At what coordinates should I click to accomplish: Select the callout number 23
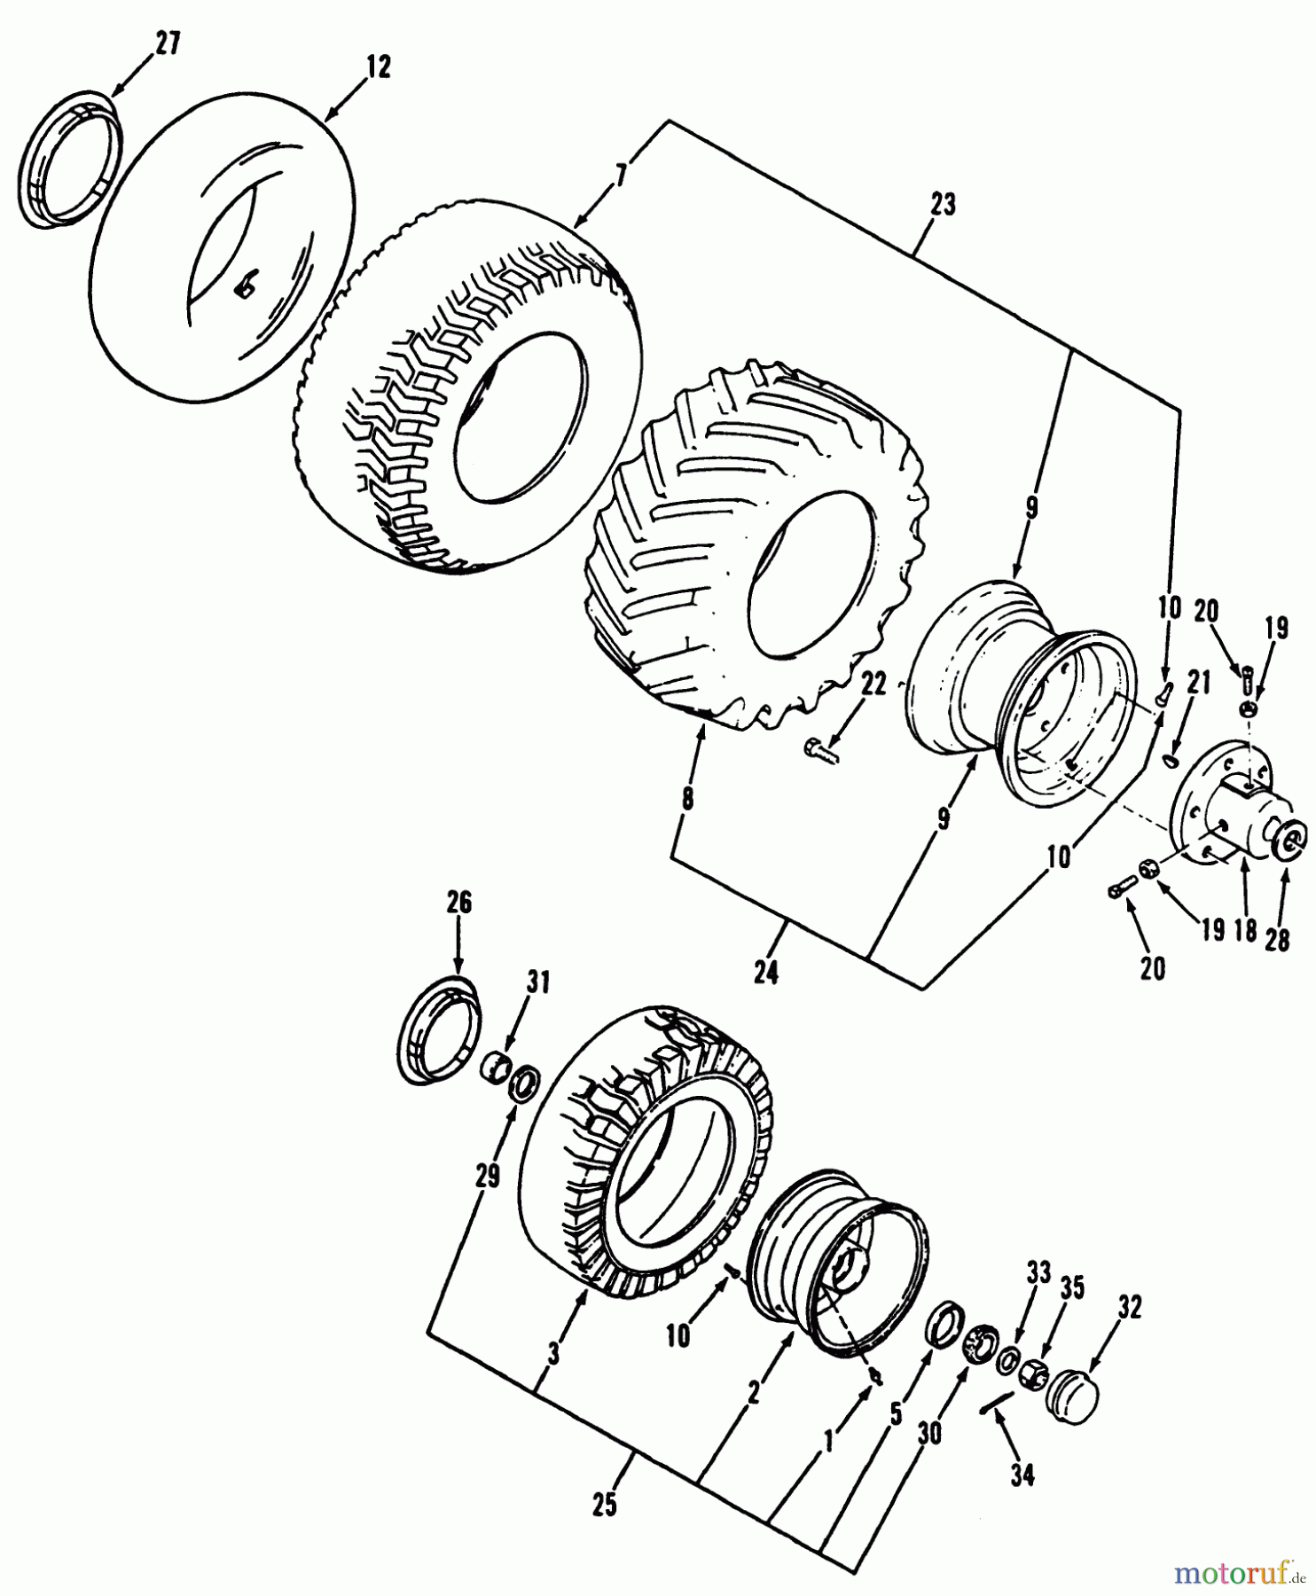tap(943, 205)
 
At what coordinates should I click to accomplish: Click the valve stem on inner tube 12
tap(245, 286)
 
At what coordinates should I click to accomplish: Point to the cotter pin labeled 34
tap(997, 1403)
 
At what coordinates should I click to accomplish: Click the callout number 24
tap(766, 973)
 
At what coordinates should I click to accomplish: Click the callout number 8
tap(687, 798)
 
